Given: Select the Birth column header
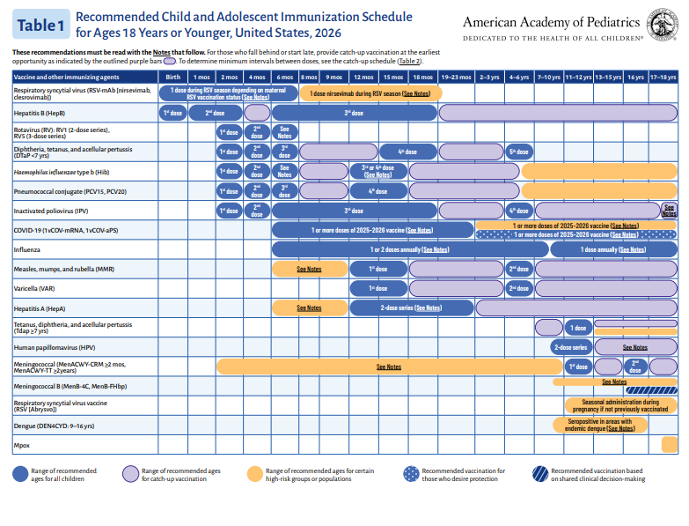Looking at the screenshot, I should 173,78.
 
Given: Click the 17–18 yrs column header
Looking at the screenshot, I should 663,78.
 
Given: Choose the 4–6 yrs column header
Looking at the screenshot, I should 519,78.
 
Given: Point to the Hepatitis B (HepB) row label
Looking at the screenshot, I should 40,114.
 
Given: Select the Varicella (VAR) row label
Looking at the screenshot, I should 34,288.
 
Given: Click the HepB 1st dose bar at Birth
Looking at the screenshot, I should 173,113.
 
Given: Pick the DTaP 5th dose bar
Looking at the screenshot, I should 519,152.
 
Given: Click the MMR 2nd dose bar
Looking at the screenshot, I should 519,269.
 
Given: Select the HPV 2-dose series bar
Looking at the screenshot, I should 570,347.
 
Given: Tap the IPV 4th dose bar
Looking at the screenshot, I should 519,211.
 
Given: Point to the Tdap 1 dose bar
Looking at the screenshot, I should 578,328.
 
